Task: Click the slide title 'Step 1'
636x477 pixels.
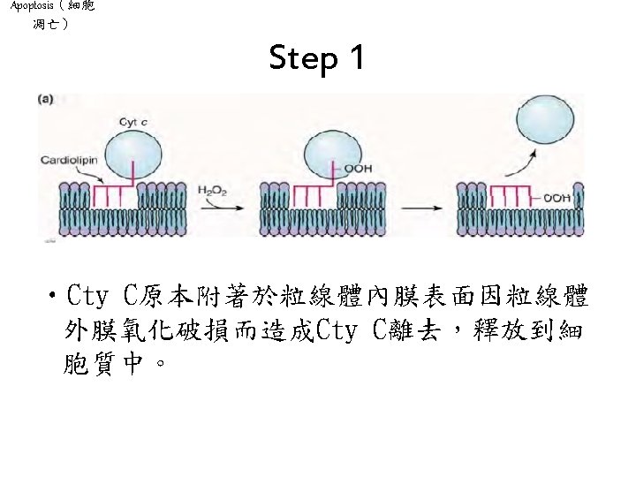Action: click(317, 60)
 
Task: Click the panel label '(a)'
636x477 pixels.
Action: click(44, 100)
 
